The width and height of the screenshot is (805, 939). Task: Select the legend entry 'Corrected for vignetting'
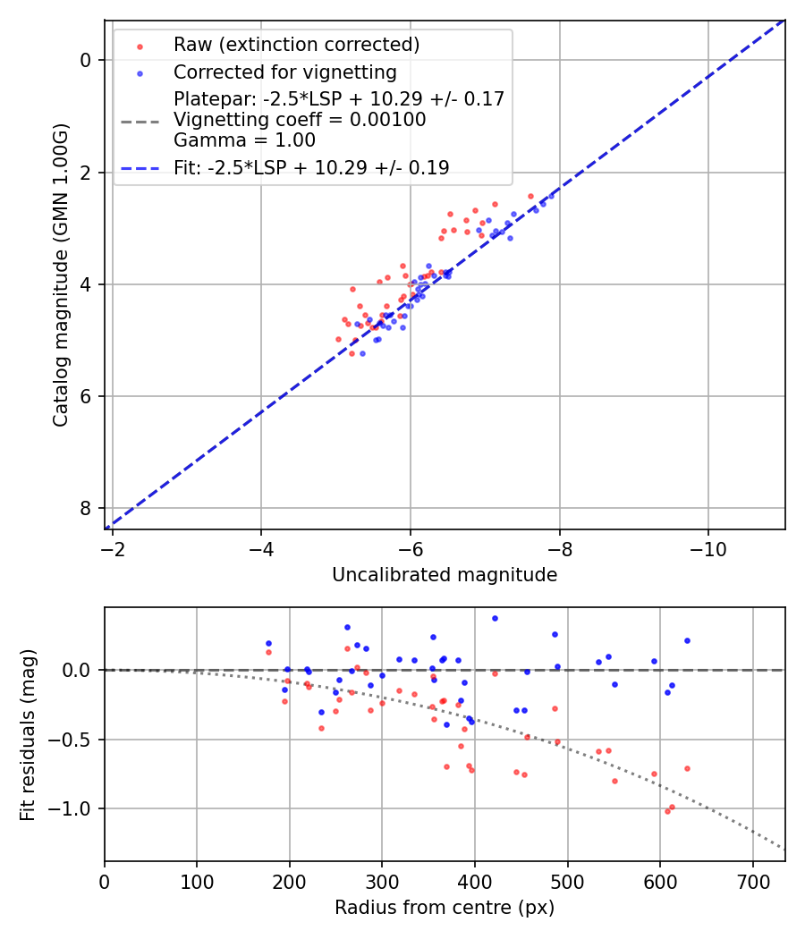[284, 72]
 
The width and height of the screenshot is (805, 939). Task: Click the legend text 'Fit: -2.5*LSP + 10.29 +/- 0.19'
[311, 168]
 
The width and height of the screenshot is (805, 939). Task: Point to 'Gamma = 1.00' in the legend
[244, 140]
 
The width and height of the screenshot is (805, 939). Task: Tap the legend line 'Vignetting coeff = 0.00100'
[300, 120]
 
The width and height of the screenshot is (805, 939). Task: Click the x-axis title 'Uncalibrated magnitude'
[445, 575]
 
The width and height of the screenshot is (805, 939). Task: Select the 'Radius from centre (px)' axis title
[445, 908]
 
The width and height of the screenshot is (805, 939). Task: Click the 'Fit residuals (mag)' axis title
[28, 733]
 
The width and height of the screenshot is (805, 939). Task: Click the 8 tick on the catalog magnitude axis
[87, 508]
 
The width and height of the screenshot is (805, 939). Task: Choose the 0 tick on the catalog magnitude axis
[87, 60]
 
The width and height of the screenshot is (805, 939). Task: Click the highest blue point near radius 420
[495, 618]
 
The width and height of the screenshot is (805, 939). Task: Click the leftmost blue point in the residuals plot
[268, 643]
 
